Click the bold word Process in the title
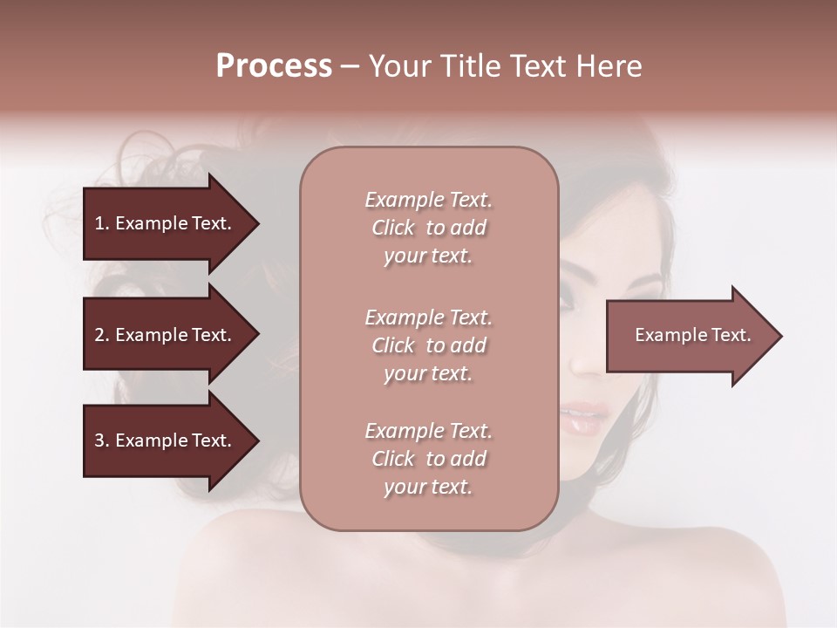click(x=274, y=66)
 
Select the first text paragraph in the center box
click(x=428, y=228)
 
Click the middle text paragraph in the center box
click(x=428, y=345)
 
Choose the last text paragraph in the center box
click(x=428, y=459)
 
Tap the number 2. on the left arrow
click(x=102, y=335)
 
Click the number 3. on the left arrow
click(x=102, y=440)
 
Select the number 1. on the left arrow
click(x=102, y=223)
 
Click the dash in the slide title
click(x=350, y=67)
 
